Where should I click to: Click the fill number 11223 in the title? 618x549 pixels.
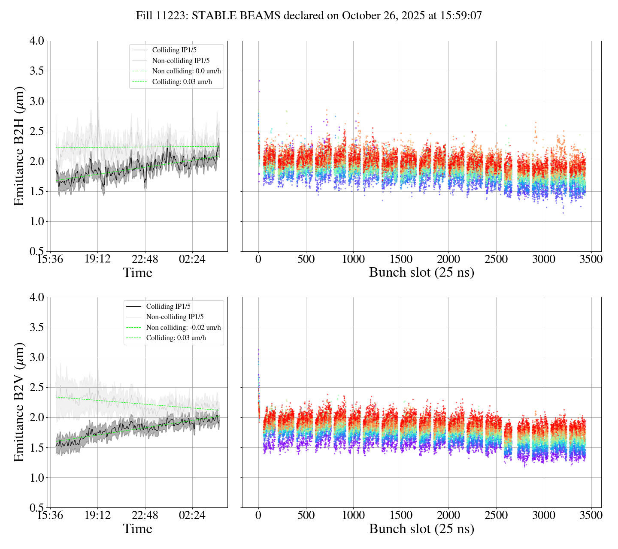[x=172, y=16]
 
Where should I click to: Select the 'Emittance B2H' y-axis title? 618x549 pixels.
[x=19, y=146]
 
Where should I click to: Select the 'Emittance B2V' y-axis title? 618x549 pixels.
[x=19, y=402]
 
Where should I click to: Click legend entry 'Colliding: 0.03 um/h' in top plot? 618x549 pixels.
[x=182, y=82]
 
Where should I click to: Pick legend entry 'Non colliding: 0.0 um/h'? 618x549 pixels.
[x=189, y=71]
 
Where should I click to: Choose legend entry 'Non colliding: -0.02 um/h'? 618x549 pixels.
[x=183, y=328]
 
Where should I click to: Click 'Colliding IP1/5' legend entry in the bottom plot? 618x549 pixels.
[x=168, y=307]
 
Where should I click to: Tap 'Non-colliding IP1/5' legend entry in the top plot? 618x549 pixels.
[x=181, y=61]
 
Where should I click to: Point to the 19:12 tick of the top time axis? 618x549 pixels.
[x=97, y=259]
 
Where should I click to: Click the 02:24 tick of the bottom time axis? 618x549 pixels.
[x=192, y=515]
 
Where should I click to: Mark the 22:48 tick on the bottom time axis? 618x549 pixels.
[x=145, y=515]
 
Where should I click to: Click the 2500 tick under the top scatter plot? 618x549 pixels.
[x=496, y=259]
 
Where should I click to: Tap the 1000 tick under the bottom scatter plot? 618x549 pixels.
[x=353, y=515]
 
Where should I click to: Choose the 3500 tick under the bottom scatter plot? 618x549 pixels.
[x=591, y=515]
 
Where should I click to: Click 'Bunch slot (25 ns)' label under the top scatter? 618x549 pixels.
[x=421, y=272]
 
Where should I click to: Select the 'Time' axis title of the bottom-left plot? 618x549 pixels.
[x=137, y=528]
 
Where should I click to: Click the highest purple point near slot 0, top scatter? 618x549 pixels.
[x=259, y=81]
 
